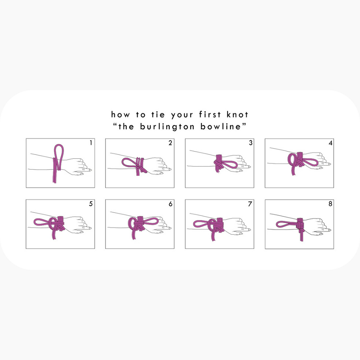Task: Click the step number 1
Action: click(91, 143)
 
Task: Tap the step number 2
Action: click(170, 143)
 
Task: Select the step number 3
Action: click(250, 143)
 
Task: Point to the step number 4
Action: click(330, 143)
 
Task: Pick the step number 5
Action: click(91, 204)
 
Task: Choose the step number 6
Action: click(170, 204)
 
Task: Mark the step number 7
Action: click(250, 204)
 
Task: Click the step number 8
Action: click(330, 204)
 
